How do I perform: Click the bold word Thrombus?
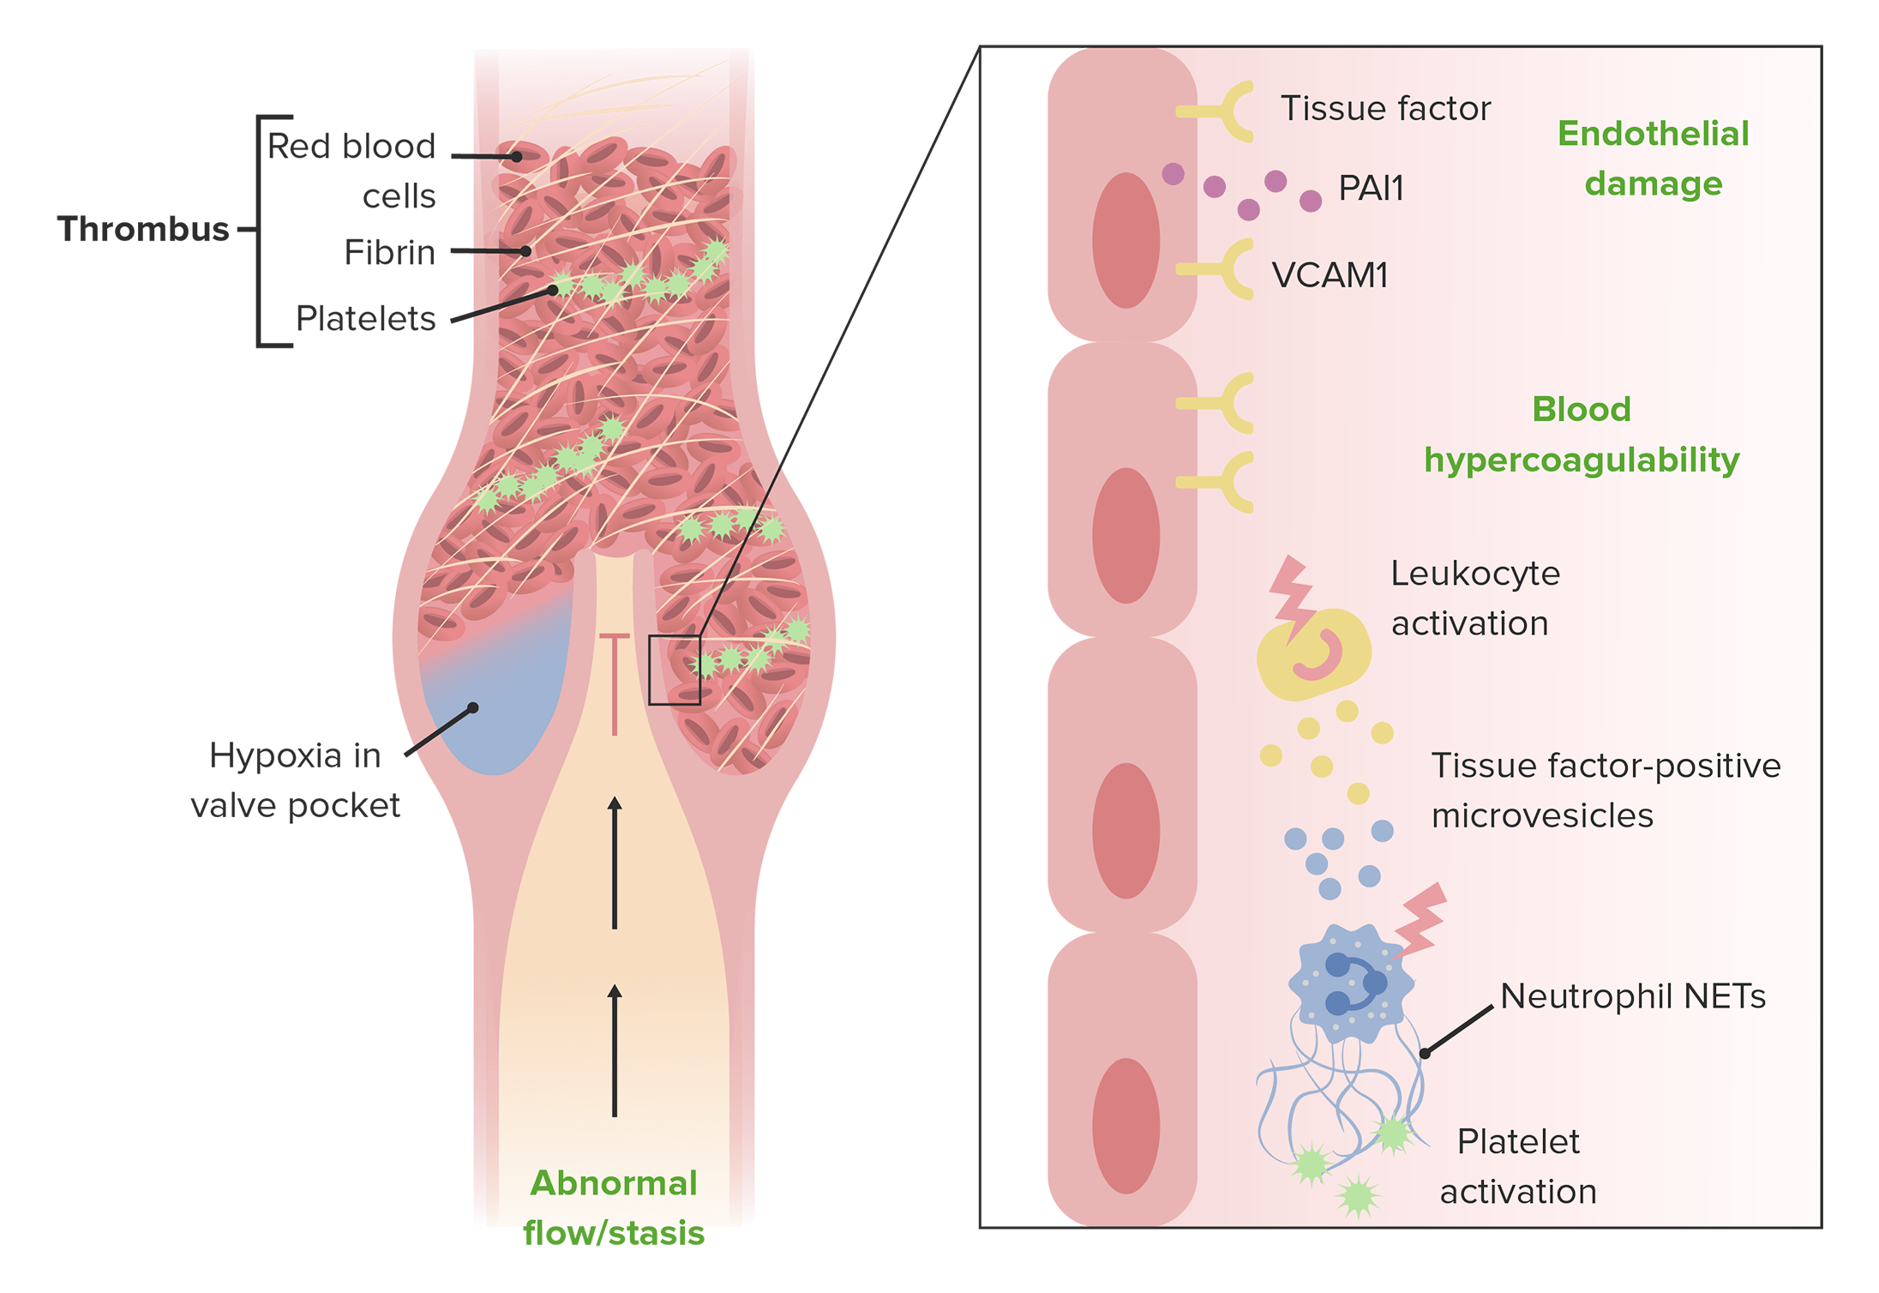coord(143,230)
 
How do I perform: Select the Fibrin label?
coord(390,253)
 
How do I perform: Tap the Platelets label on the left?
coord(366,319)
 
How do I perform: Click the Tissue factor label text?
coord(1385,109)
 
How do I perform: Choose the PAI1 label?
coord(1372,189)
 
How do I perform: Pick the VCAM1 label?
coord(1330,275)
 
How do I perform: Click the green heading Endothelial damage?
coord(1653,159)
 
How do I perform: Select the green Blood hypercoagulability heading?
coord(1582,435)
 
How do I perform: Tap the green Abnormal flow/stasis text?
coord(614,1208)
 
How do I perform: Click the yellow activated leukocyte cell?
coord(1314,655)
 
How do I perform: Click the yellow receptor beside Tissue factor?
coord(1222,111)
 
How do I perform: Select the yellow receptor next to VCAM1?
coord(1222,269)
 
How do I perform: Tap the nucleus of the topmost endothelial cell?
coord(1126,240)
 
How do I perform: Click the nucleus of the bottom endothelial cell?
coord(1126,1126)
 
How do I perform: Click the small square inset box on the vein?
coord(675,670)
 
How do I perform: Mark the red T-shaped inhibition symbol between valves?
coord(615,682)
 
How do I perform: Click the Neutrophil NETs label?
coord(1633,996)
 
